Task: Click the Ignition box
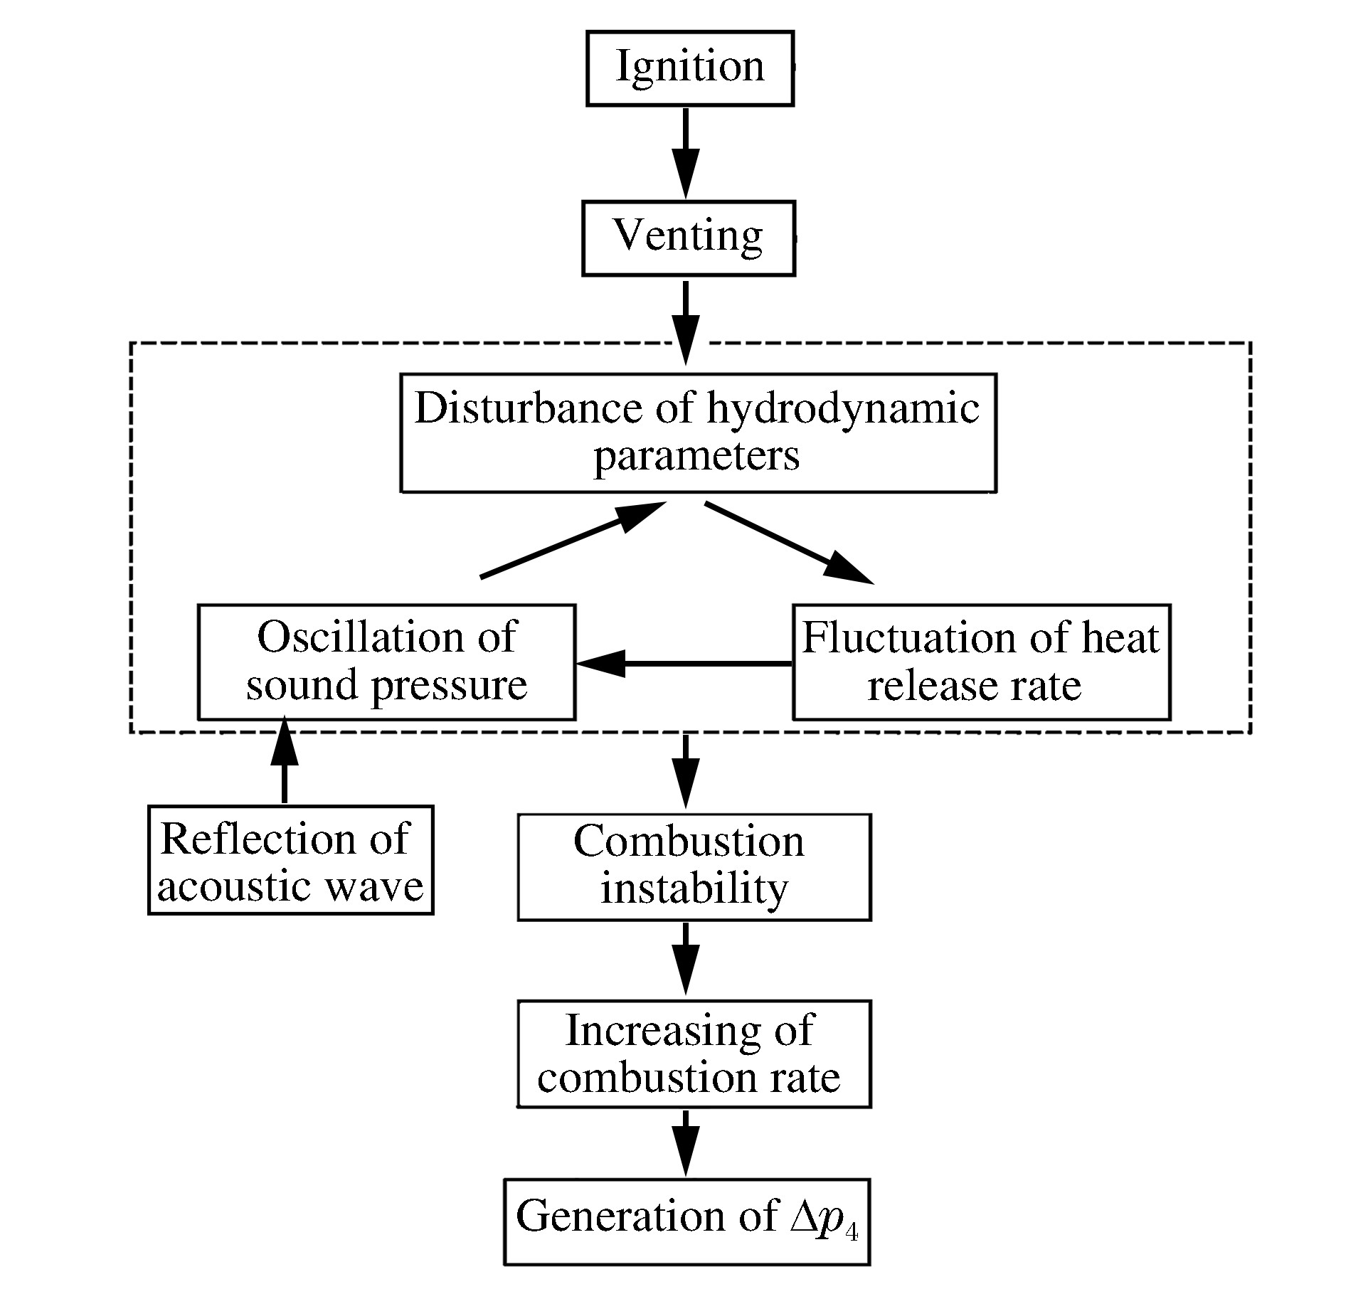(x=689, y=68)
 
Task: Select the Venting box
(x=688, y=238)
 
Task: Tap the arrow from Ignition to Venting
(x=686, y=152)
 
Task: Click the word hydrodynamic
(x=843, y=409)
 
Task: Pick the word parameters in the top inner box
(x=696, y=456)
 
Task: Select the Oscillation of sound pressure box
(x=386, y=662)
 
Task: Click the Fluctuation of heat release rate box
(x=981, y=662)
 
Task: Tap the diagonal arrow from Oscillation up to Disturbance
(x=572, y=540)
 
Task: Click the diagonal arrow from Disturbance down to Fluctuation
(x=788, y=542)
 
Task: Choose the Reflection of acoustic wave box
(x=290, y=859)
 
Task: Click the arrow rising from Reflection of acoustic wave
(x=285, y=761)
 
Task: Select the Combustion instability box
(x=694, y=866)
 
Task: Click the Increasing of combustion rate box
(x=694, y=1054)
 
